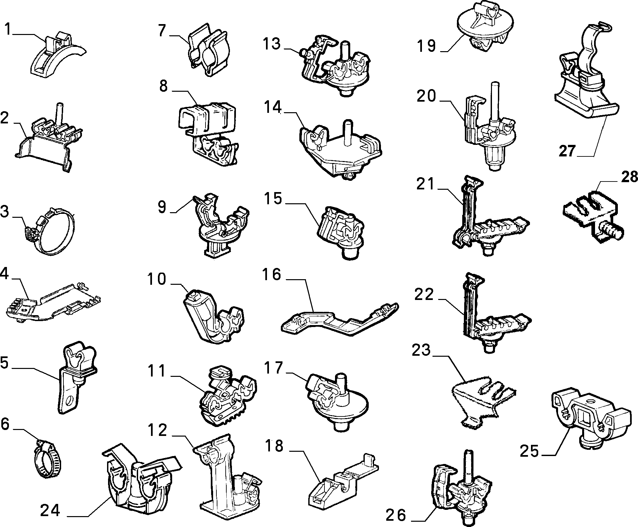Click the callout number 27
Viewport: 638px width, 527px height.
click(567, 151)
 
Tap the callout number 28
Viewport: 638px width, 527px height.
click(629, 177)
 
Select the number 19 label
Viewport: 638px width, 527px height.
click(427, 46)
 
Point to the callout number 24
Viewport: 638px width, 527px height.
click(50, 511)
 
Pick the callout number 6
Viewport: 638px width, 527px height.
click(5, 424)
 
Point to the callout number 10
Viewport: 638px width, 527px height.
click(157, 279)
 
